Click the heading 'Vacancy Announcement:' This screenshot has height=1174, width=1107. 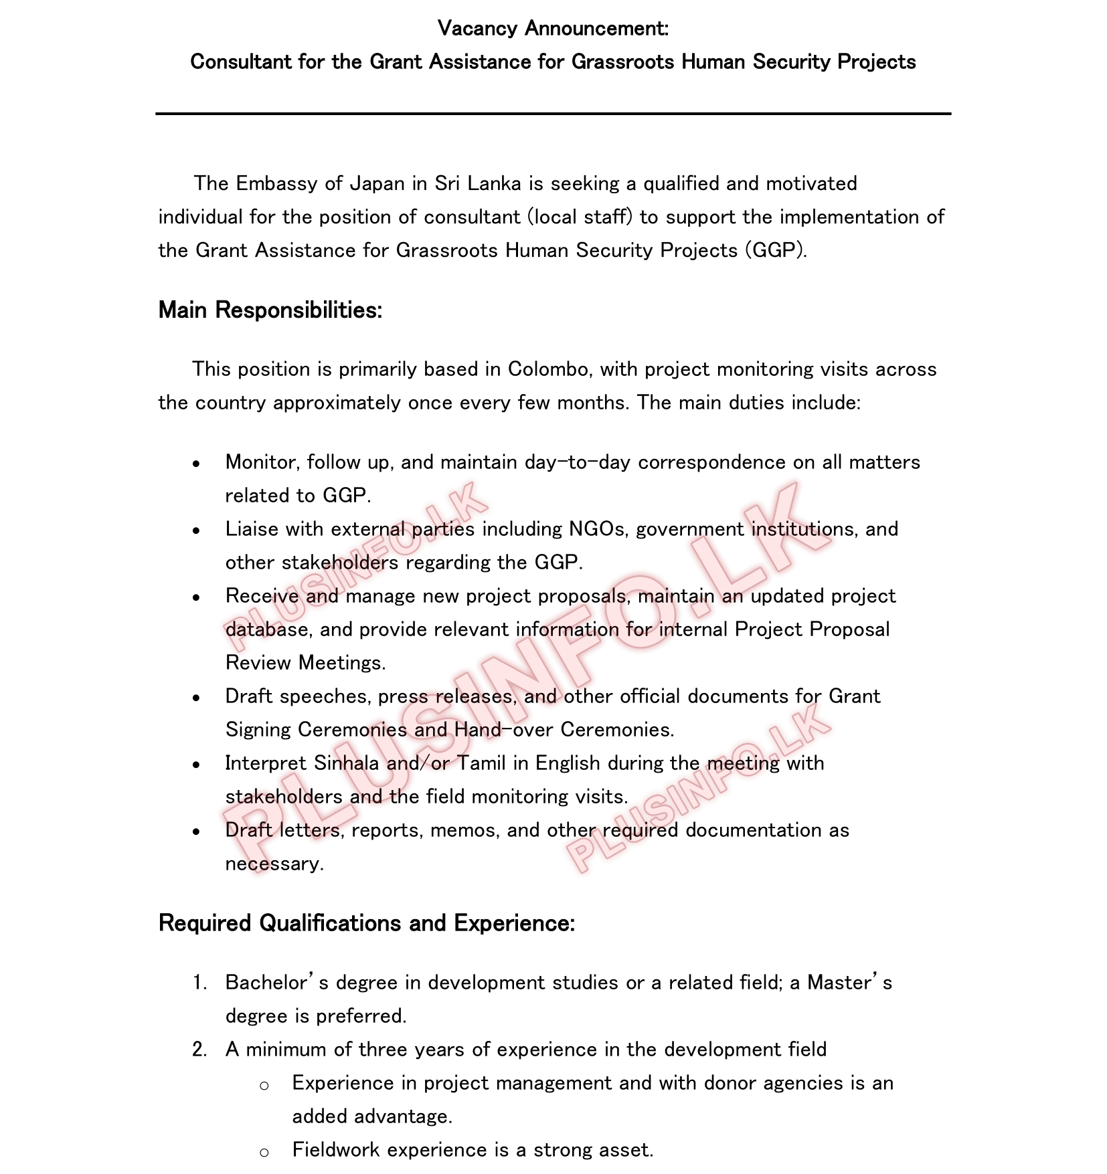click(x=553, y=29)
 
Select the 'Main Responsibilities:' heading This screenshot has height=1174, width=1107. click(x=270, y=310)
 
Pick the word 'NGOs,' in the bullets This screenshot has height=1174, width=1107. click(x=598, y=530)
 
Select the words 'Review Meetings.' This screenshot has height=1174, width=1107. click(x=305, y=664)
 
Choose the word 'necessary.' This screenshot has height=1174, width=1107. click(x=274, y=864)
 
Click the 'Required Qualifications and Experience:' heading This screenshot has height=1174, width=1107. click(x=367, y=924)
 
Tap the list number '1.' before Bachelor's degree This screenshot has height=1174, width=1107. click(x=199, y=983)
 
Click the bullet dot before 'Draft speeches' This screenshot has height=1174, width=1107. click(x=196, y=698)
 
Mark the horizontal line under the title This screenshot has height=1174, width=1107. click(x=553, y=114)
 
